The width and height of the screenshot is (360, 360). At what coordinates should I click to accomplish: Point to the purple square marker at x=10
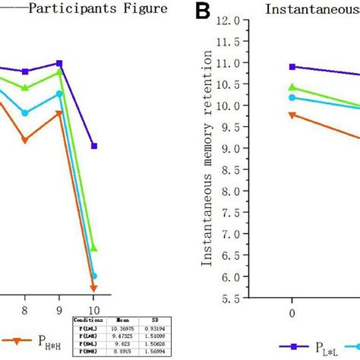coord(94,146)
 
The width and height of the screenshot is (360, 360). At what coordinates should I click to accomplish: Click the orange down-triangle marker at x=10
coord(94,288)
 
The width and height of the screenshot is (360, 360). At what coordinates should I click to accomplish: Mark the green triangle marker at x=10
coord(94,248)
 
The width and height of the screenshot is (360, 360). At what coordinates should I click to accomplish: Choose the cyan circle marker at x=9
coord(59,94)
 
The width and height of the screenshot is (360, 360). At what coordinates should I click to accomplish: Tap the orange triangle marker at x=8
coord(25,140)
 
